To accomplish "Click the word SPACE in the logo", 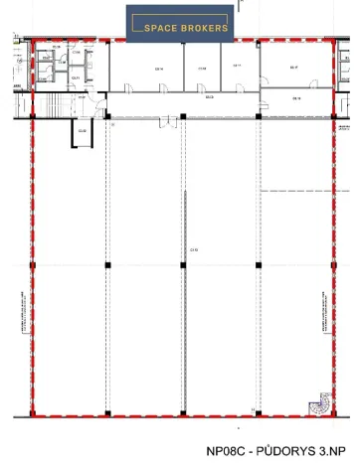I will (x=164, y=28).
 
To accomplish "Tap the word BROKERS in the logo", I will (x=204, y=28).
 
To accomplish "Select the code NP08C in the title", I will (x=228, y=449).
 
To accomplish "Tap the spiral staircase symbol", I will (x=320, y=405).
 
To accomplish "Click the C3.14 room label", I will (x=157, y=68).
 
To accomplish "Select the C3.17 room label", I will (x=293, y=68).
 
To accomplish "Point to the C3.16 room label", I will (x=296, y=98).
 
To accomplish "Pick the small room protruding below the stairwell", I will (x=82, y=132).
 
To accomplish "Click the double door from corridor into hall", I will (x=183, y=121).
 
